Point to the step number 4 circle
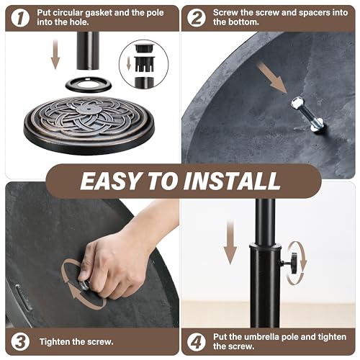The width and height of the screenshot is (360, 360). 196,341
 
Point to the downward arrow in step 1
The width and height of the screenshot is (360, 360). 55,55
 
